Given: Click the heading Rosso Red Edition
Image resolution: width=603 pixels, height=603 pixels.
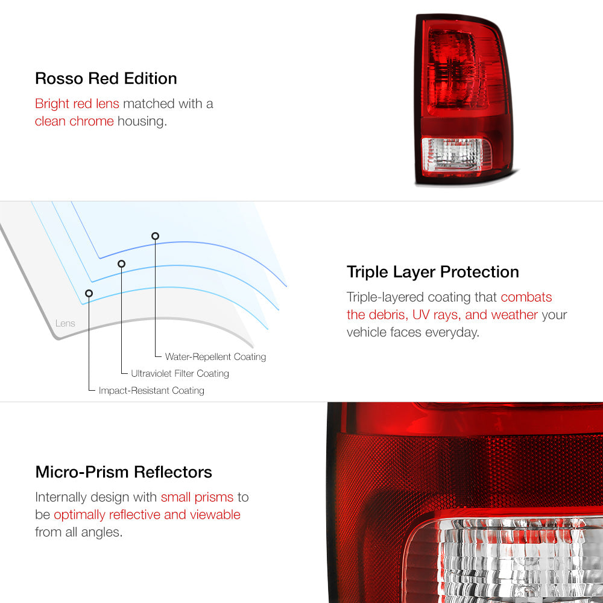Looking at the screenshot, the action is [106, 78].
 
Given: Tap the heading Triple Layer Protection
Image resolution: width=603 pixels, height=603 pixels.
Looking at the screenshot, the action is [432, 272].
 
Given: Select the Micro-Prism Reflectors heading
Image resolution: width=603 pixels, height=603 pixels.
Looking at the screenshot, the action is [124, 472].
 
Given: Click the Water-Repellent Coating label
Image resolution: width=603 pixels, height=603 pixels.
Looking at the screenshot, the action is [215, 356].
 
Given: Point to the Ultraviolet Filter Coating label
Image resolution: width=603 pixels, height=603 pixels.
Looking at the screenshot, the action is [180, 373].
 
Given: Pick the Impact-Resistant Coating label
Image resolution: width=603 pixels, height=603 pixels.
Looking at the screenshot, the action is [151, 390].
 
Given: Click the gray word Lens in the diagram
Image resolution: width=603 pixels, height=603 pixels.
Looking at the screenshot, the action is [65, 323].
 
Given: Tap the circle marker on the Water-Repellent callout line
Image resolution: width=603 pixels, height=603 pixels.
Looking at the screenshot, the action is [155, 236].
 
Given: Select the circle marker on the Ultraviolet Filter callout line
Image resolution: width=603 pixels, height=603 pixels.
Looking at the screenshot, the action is [122, 264].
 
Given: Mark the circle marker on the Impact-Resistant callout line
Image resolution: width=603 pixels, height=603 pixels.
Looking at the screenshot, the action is [89, 294].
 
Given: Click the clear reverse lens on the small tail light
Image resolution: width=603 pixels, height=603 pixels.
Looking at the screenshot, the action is [456, 154].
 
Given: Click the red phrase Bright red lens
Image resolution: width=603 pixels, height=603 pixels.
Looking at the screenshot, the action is [77, 104].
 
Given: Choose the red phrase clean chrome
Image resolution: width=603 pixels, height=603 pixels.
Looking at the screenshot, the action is [74, 121].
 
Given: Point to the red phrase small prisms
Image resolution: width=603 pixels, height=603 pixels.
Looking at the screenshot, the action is [197, 497].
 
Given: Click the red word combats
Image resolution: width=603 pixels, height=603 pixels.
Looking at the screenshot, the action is [526, 297].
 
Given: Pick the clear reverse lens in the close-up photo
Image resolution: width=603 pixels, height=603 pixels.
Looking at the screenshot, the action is [508, 561].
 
